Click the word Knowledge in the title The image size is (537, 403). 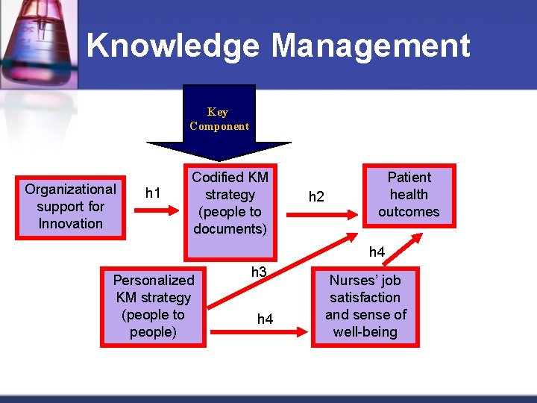coord(173,46)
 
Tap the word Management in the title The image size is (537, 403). coord(371,46)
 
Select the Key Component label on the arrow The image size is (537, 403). coord(219,119)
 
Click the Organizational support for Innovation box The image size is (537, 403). coord(71,207)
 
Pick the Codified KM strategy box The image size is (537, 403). coord(230,203)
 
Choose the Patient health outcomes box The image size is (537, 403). coord(409,195)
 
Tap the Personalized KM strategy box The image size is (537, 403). coord(153,306)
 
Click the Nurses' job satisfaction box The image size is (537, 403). coord(365,306)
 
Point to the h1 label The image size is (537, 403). coord(154,193)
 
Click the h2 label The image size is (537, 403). coord(317,197)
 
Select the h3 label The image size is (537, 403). coord(259,272)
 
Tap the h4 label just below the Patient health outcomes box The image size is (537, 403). coord(377,252)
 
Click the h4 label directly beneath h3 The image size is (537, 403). coord(265,319)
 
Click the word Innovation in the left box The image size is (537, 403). coord(71,224)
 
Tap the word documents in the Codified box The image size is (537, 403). coord(230,229)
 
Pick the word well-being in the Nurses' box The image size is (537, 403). coord(365,332)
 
